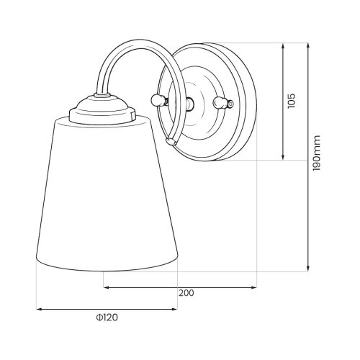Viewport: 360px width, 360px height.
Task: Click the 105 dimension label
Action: (292, 101)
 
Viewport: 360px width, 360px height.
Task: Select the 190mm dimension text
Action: (317, 153)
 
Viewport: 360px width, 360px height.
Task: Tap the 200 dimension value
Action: (186, 293)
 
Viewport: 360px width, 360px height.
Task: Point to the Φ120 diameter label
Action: (107, 318)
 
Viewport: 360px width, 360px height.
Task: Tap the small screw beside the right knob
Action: (230, 104)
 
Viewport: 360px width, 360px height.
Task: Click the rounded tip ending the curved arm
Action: (171, 142)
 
